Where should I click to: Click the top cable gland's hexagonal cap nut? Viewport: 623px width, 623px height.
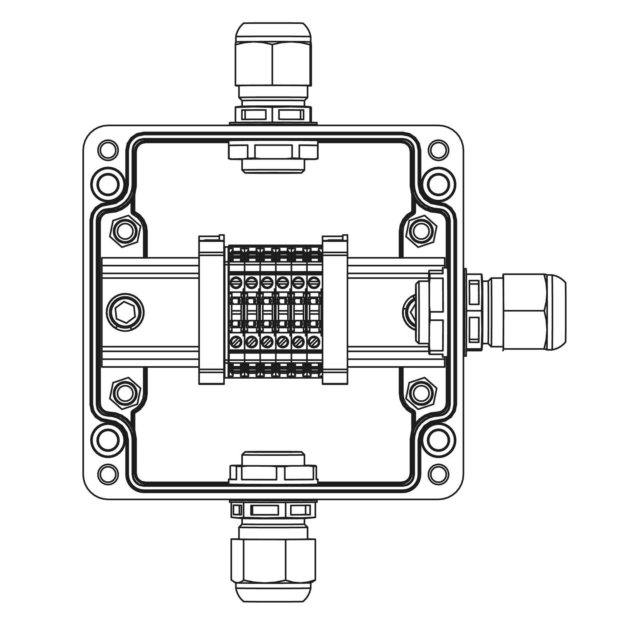point(273,63)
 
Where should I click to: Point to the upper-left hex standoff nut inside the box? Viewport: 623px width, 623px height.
point(125,231)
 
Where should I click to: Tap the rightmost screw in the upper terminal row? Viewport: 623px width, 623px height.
point(312,283)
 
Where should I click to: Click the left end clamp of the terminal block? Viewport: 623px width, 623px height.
point(211,310)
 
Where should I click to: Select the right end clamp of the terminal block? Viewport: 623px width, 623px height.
point(335,310)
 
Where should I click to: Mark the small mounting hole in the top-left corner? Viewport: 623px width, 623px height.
point(108,150)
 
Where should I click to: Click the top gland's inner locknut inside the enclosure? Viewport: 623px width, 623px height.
point(273,152)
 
